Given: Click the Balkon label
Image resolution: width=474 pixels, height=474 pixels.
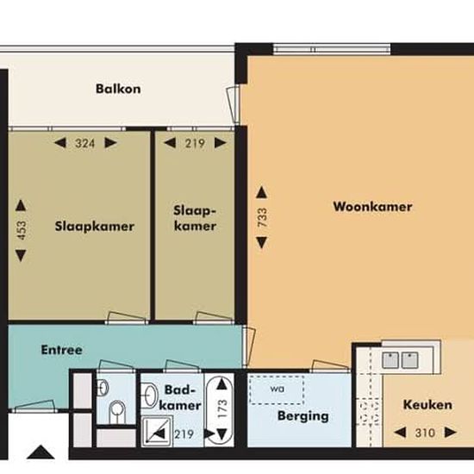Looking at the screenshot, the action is tap(118, 89).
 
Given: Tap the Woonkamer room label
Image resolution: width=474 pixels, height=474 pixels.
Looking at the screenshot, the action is tap(372, 207).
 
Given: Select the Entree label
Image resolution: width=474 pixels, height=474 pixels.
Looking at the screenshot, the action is tap(62, 350).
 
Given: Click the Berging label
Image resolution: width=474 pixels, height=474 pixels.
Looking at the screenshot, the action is tap(303, 416).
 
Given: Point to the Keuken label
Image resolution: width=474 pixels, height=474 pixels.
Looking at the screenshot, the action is tap(427, 405).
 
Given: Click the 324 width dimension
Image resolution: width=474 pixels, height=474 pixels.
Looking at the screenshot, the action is tap(85, 143).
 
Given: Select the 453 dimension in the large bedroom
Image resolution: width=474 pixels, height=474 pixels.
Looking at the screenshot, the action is tap(21, 230).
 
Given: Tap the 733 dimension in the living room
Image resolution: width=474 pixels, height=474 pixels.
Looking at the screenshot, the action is tap(262, 217).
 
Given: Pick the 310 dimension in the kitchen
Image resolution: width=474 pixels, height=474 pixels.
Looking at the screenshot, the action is tap(425, 433).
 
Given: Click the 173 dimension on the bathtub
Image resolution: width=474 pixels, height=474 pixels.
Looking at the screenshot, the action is tap(222, 409).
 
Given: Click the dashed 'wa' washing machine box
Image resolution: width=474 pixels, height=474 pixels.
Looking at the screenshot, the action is tap(277, 390).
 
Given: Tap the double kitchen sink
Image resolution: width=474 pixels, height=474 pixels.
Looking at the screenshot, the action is tap(400, 360).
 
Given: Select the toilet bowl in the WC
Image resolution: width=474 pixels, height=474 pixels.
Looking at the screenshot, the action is tap(117, 411).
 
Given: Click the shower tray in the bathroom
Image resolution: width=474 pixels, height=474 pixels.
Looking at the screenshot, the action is tap(157, 431).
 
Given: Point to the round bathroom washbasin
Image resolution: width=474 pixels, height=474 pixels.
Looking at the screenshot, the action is tap(150, 395).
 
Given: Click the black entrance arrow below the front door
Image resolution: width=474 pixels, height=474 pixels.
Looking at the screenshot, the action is tap(41, 452).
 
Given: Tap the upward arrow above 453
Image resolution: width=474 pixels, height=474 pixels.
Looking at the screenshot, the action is tap(21, 205).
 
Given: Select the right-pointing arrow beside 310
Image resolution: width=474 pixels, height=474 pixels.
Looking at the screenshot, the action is tap(451, 433).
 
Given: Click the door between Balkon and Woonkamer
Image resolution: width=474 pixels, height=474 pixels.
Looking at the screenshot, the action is tap(234, 104).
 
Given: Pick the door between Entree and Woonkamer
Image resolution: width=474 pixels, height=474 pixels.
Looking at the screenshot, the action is tap(249, 346).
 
